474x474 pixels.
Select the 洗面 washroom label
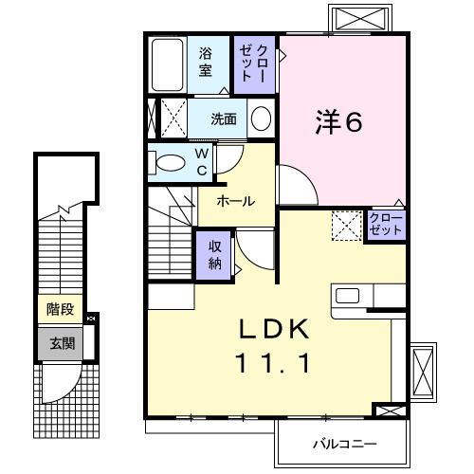[224, 119]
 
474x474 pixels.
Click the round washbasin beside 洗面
[261, 119]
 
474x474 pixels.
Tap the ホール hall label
[235, 201]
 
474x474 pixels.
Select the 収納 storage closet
[214, 253]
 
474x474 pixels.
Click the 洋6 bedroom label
[339, 121]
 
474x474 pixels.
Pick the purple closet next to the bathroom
[254, 63]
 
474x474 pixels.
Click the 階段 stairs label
[61, 310]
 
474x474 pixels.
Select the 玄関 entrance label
[61, 343]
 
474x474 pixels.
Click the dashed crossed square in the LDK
[345, 226]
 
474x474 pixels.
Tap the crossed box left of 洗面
[171, 119]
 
